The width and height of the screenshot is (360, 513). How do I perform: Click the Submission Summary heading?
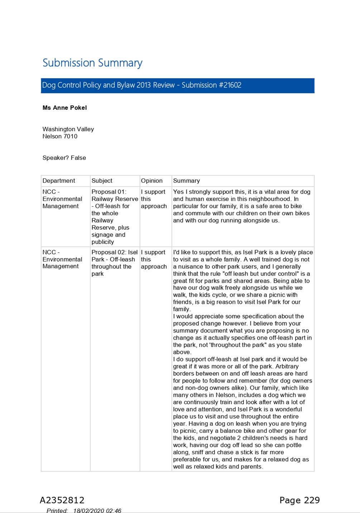pyautogui.click(x=92, y=63)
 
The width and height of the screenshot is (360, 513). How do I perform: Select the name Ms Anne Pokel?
pyautogui.click(x=64, y=108)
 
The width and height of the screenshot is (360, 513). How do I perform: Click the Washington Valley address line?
pyautogui.click(x=68, y=129)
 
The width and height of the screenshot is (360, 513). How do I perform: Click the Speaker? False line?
pyautogui.click(x=64, y=158)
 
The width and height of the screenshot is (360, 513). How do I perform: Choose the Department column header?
pyautogui.click(x=59, y=181)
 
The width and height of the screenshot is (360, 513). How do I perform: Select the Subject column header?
pyautogui.click(x=102, y=181)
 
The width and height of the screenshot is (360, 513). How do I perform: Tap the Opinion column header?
pyautogui.click(x=152, y=181)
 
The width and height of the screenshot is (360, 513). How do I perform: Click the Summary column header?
pyautogui.click(x=186, y=181)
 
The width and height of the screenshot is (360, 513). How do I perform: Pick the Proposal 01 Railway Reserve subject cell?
pyautogui.click(x=114, y=217)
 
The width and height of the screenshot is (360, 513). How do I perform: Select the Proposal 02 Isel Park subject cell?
pyautogui.click(x=114, y=263)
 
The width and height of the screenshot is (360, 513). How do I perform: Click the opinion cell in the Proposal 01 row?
pyautogui.click(x=154, y=199)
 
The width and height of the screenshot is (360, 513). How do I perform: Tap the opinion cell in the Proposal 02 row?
pyautogui.click(x=154, y=259)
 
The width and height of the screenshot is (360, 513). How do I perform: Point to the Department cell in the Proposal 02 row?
pyautogui.click(x=62, y=259)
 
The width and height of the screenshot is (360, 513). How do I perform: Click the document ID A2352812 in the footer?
pyautogui.click(x=62, y=500)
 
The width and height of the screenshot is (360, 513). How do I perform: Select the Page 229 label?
pyautogui.click(x=299, y=500)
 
